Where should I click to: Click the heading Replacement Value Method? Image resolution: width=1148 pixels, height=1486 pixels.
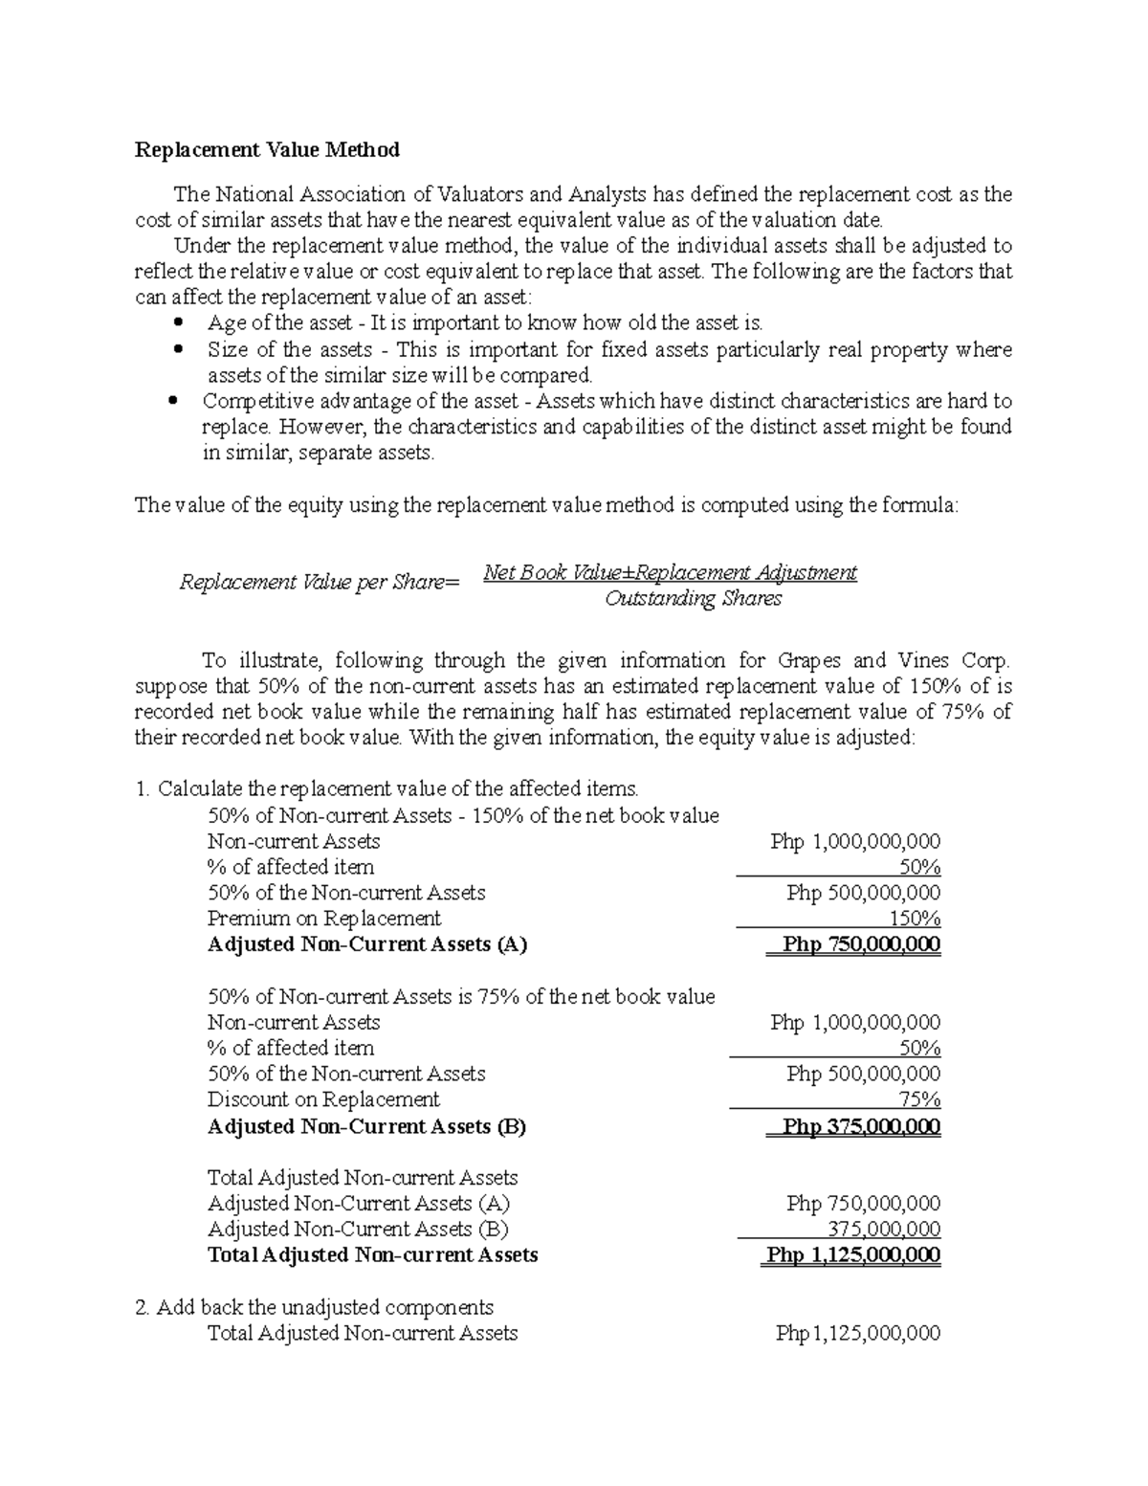(x=267, y=150)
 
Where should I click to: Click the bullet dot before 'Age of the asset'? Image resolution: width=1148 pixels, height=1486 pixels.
(x=179, y=322)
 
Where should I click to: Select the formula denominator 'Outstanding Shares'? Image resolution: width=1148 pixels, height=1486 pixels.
(x=694, y=599)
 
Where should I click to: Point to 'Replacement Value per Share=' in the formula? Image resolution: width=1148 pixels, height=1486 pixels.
(x=320, y=583)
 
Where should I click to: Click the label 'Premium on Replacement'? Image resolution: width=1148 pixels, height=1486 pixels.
(x=323, y=919)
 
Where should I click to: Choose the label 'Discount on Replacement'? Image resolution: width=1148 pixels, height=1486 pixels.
(x=323, y=1099)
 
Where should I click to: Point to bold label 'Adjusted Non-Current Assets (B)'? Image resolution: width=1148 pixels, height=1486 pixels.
(x=366, y=1126)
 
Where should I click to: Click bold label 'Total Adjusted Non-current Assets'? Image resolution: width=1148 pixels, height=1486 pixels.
(x=372, y=1254)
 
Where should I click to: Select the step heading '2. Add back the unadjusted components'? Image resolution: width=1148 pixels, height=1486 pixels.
(x=315, y=1307)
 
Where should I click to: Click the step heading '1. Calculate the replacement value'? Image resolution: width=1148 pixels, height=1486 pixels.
(x=386, y=789)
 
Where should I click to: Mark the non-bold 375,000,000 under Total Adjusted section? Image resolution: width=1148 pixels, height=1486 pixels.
(x=883, y=1229)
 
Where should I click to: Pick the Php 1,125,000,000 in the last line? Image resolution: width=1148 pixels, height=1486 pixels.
(x=858, y=1333)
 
